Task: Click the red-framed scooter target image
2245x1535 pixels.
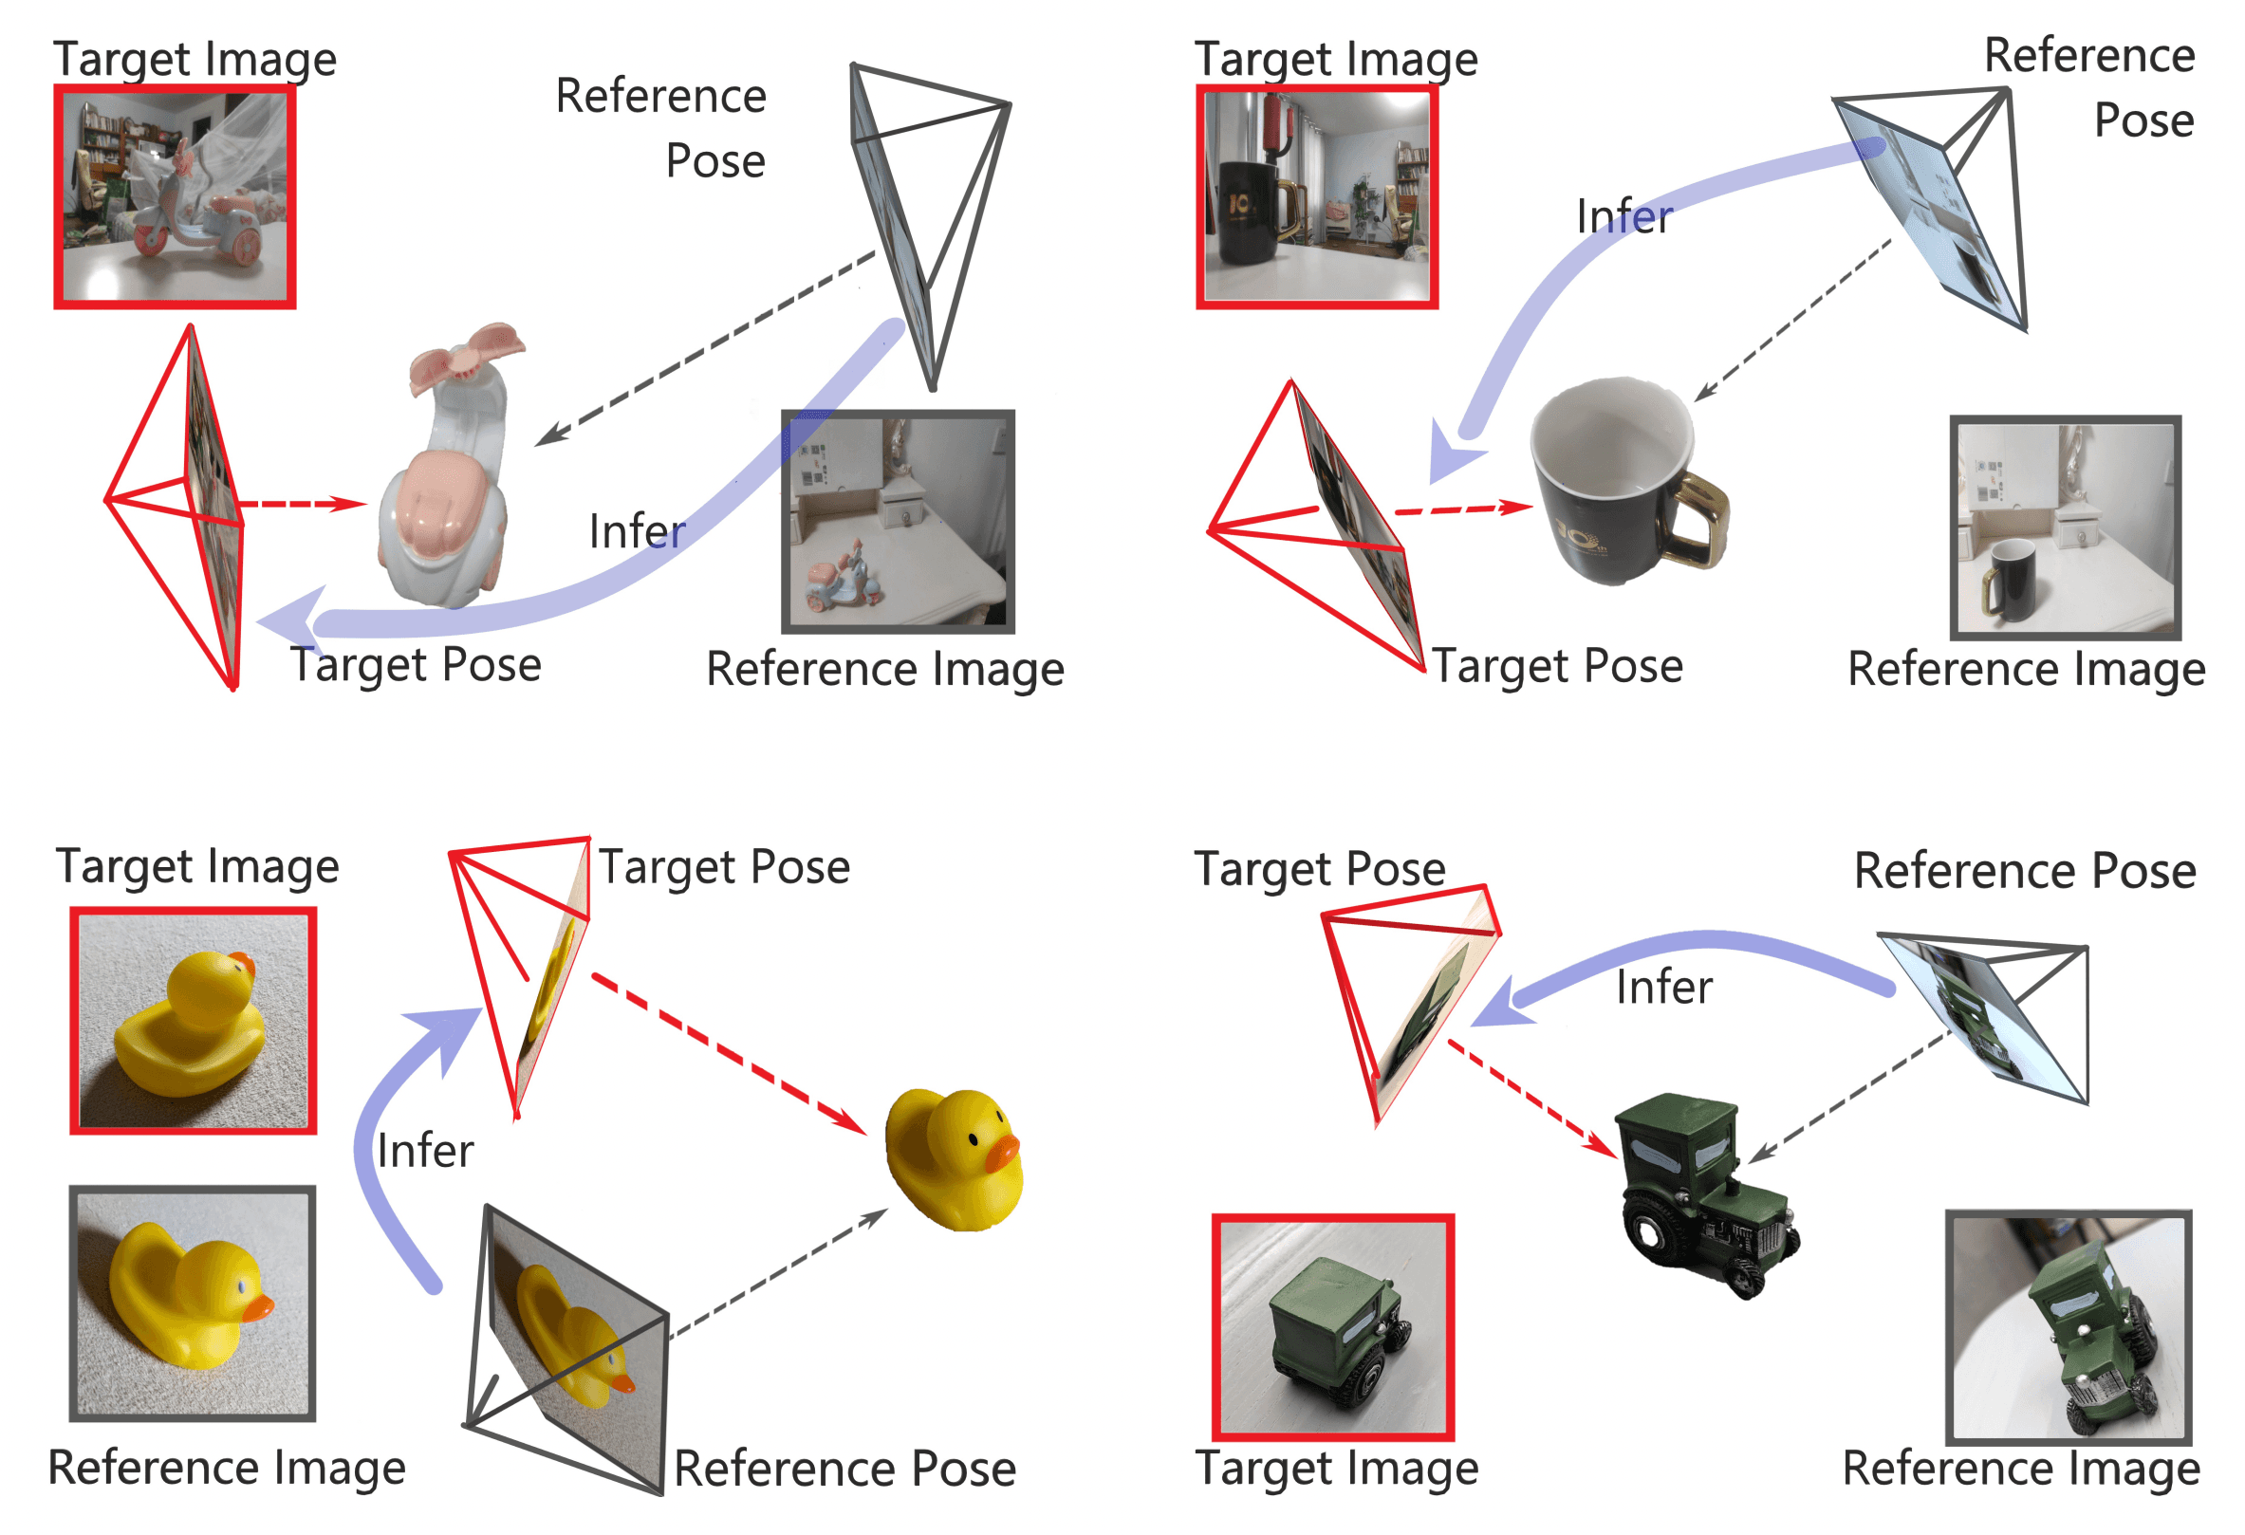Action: pyautogui.click(x=175, y=197)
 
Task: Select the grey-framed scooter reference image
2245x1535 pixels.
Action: pyautogui.click(x=898, y=522)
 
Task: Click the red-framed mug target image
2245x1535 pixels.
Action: pyautogui.click(x=1317, y=197)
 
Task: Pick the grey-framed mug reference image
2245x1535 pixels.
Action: pyautogui.click(x=2066, y=527)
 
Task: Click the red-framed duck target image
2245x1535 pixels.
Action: pyautogui.click(x=194, y=1020)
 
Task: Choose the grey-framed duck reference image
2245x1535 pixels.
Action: pyautogui.click(x=193, y=1304)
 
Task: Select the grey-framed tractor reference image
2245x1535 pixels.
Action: pyautogui.click(x=2069, y=1327)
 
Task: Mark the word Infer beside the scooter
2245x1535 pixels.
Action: pyautogui.click(x=637, y=531)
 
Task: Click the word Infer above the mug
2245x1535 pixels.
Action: pyautogui.click(x=1623, y=216)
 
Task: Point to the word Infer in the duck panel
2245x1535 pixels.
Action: pyautogui.click(x=425, y=1151)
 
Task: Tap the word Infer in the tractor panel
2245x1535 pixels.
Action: pyautogui.click(x=1663, y=988)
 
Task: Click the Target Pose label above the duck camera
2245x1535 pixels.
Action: pyautogui.click(x=724, y=866)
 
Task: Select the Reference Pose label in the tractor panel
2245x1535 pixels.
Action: pyautogui.click(x=2025, y=870)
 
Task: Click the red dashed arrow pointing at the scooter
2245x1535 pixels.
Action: pyautogui.click(x=302, y=504)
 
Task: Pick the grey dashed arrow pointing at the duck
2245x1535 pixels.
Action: pyautogui.click(x=778, y=1273)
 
